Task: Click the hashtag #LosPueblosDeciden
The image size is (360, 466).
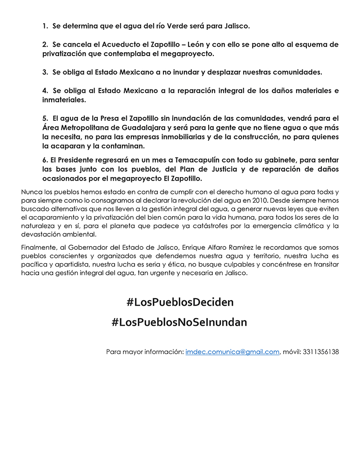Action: coord(180,302)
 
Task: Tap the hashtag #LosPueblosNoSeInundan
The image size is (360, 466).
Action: coord(179,322)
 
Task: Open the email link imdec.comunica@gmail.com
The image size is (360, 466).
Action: coord(232,352)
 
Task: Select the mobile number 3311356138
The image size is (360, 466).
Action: coord(320,352)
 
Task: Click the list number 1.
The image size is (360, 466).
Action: coord(45,26)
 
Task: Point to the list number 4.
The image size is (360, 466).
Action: coord(45,90)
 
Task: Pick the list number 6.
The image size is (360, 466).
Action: coord(44,160)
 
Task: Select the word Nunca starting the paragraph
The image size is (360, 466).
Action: coord(31,192)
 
